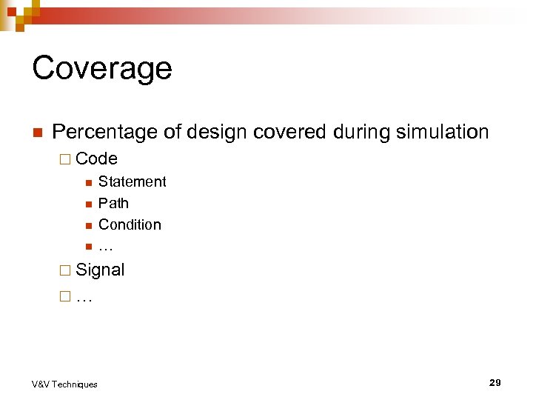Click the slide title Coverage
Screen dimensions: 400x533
102,68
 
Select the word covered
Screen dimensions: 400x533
289,133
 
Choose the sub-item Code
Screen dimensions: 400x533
96,159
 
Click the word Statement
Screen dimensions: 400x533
132,181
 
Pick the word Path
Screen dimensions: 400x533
113,203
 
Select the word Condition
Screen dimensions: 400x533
130,224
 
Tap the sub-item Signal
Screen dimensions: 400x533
100,270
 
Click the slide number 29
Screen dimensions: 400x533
495,382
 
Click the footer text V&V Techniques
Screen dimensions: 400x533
64,384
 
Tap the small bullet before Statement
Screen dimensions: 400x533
87,182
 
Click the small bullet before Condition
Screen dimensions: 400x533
87,225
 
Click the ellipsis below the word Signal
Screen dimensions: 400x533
84,299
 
